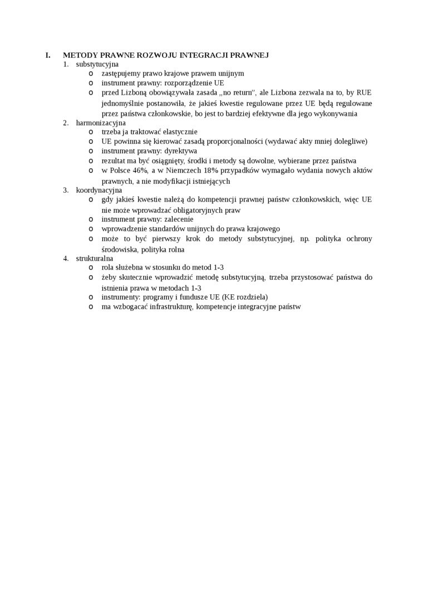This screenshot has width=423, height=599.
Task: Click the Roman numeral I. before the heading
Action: [x=48, y=55]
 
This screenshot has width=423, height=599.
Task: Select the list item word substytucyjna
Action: [x=97, y=64]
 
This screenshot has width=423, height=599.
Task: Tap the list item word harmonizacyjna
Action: [x=101, y=123]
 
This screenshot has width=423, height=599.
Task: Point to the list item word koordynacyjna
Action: [x=99, y=190]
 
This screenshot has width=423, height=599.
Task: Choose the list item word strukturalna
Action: [x=95, y=258]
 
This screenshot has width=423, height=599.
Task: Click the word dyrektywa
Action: [x=181, y=150]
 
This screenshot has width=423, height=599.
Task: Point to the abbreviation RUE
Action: [x=364, y=92]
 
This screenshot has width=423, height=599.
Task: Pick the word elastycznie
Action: [x=175, y=132]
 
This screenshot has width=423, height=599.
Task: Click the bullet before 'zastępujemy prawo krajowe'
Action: [x=91, y=73]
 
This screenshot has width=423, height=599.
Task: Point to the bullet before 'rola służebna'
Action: [x=91, y=267]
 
